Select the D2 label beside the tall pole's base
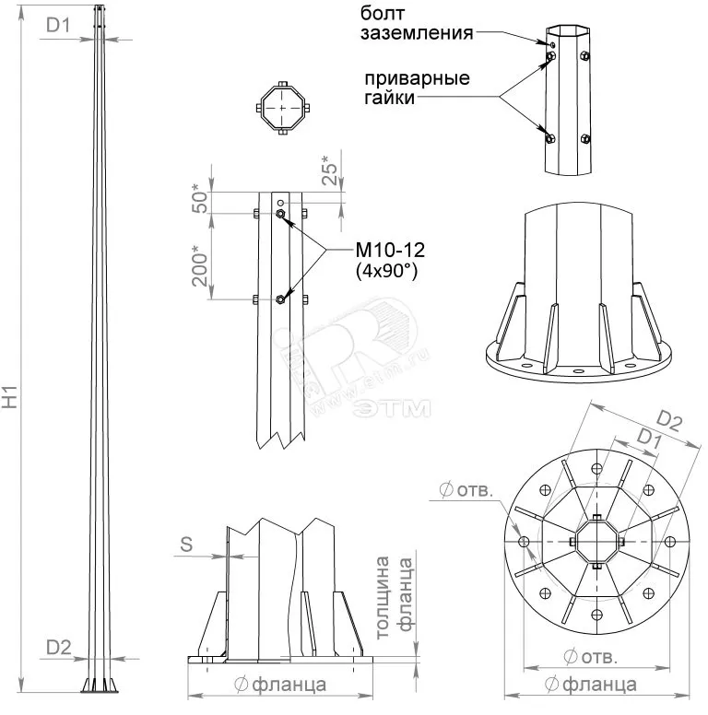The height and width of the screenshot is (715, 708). tap(58, 648)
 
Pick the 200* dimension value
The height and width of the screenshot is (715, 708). tap(200, 264)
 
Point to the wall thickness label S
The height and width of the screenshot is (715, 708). tap(186, 545)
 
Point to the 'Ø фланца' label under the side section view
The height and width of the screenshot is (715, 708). tap(280, 685)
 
